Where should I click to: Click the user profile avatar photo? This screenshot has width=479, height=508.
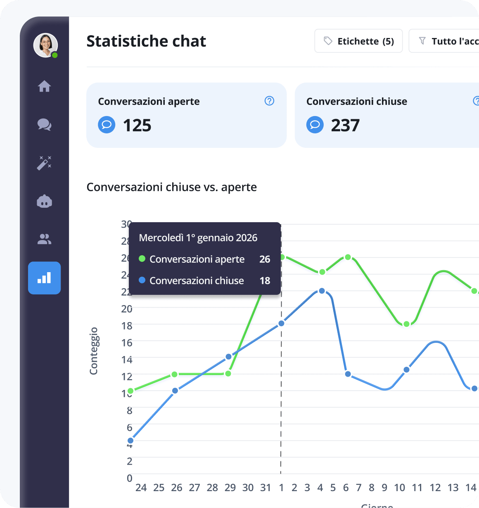[45, 45]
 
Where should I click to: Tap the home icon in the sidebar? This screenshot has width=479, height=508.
[45, 86]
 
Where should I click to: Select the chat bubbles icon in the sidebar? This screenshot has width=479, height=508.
[45, 124]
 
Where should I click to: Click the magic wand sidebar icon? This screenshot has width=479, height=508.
[45, 163]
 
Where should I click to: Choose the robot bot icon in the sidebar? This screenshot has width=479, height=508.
[45, 202]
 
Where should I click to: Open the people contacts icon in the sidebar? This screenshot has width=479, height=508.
[45, 239]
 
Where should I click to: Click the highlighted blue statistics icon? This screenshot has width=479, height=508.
[45, 278]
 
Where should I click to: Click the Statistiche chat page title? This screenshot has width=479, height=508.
[146, 41]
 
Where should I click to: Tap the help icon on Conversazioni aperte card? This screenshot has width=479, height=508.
[269, 101]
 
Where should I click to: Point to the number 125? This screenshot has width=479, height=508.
[137, 126]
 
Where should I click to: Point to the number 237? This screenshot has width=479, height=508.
[345, 126]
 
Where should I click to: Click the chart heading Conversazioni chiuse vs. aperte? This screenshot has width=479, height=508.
[171, 187]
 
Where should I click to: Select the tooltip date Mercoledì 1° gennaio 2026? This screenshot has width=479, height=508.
[198, 238]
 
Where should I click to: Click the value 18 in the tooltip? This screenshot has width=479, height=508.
[265, 281]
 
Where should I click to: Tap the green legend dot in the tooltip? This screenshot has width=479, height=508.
[142, 259]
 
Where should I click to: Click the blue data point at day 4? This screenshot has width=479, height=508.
[322, 291]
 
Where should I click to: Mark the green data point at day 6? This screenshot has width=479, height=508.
[348, 257]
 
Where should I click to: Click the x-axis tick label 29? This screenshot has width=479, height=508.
[230, 488]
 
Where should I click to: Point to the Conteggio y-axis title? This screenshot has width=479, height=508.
[94, 351]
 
